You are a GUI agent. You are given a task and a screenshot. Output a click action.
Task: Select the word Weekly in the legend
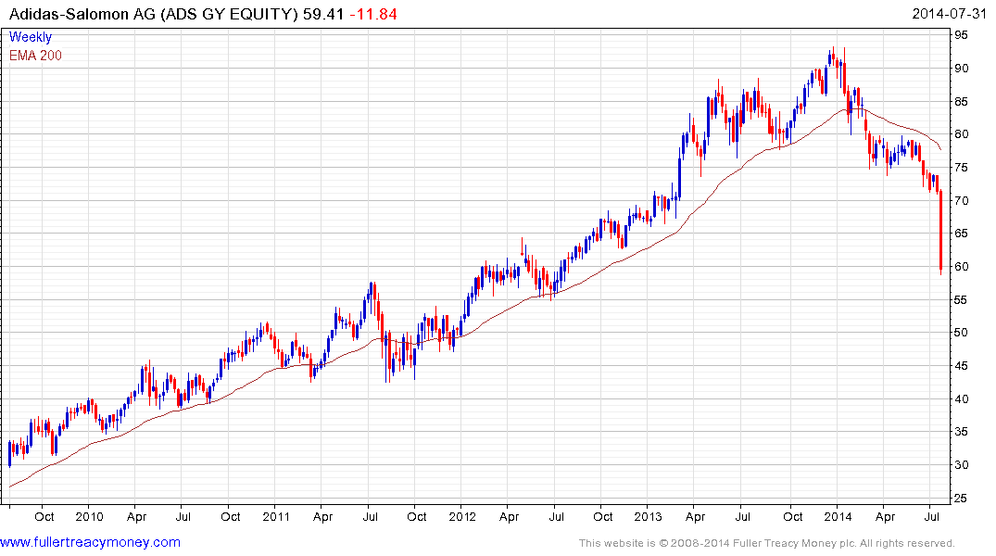[31, 37]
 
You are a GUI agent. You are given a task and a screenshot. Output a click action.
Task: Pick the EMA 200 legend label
[36, 56]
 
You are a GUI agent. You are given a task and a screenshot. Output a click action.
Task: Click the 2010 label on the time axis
[89, 516]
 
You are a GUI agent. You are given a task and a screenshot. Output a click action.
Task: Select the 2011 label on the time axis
[277, 516]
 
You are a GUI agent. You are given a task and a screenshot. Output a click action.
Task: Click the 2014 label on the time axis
[839, 516]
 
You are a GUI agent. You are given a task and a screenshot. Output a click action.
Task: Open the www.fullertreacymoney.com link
[91, 542]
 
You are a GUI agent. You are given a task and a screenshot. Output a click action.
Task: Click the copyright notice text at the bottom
[766, 543]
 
